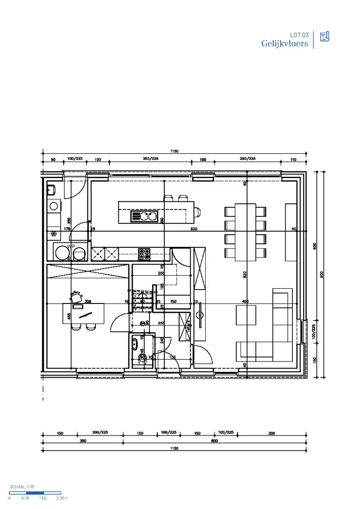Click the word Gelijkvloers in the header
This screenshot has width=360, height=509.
(x=285, y=44)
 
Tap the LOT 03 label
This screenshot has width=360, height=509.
(x=299, y=35)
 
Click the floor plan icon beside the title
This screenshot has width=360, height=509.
(x=324, y=37)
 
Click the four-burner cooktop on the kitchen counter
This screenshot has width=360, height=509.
(x=144, y=254)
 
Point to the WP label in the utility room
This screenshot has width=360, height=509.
(x=71, y=246)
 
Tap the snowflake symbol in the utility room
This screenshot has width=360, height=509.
(x=54, y=234)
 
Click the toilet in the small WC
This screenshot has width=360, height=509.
(x=143, y=359)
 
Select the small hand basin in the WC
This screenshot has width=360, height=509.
(x=135, y=344)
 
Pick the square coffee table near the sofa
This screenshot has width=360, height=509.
(x=246, y=315)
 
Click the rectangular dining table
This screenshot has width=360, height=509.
(x=245, y=232)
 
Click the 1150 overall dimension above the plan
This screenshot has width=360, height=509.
(x=174, y=152)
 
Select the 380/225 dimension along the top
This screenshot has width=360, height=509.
(x=150, y=159)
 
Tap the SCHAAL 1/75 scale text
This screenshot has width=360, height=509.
(x=22, y=487)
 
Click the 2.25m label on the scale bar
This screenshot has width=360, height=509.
(x=61, y=498)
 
